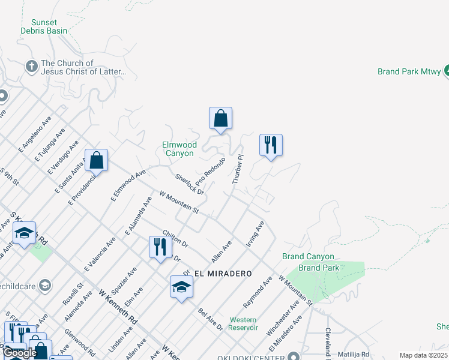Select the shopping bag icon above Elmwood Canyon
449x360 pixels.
[x=220, y=118]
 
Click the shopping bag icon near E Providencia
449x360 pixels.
[x=96, y=160]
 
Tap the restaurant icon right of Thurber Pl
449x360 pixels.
[x=271, y=145]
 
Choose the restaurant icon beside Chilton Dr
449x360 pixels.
[x=160, y=247]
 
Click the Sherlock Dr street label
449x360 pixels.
[x=190, y=184]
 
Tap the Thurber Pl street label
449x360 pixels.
[x=238, y=169]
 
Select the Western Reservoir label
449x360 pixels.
[x=243, y=324]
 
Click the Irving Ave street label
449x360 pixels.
[x=255, y=234]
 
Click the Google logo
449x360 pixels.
[x=20, y=353]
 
